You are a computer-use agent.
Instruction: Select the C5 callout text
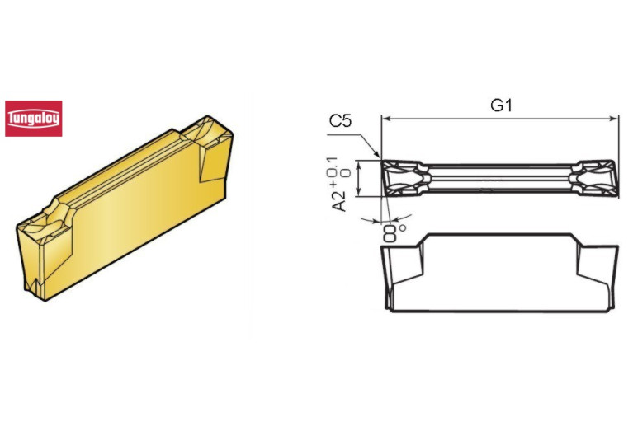(341, 122)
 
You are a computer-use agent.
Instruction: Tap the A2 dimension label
(339, 197)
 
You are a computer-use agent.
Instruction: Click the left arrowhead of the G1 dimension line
(386, 119)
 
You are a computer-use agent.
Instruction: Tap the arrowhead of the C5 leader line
(379, 157)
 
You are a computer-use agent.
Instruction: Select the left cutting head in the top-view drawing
(404, 178)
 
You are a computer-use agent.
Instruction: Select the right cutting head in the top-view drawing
(593, 178)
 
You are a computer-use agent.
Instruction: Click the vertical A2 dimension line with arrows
(357, 178)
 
